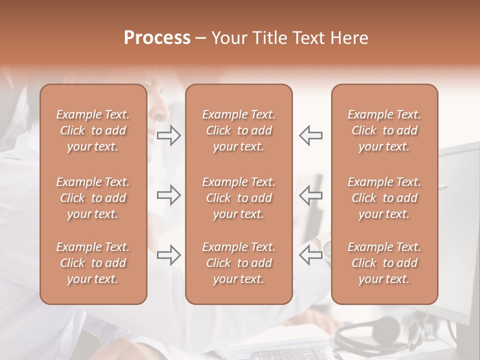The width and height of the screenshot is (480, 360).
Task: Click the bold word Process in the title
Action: [x=157, y=38]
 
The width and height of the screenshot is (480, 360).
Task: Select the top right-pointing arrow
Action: [x=168, y=136]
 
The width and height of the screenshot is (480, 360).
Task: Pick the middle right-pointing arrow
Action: [x=168, y=195]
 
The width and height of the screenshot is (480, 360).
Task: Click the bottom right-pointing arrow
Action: [x=168, y=255]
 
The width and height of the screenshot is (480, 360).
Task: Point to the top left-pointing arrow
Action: [x=311, y=136]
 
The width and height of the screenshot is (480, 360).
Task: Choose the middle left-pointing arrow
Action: [x=311, y=195]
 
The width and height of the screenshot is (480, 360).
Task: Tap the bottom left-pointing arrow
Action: [x=311, y=255]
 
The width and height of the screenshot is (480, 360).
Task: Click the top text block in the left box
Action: [x=93, y=130]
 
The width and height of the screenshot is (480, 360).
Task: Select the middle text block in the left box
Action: [x=93, y=198]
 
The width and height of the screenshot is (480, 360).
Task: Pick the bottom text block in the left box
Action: [x=93, y=263]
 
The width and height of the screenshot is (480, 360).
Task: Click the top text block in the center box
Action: [x=238, y=130]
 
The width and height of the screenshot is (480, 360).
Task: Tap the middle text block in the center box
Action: [x=238, y=198]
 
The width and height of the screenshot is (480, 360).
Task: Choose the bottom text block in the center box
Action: [x=238, y=263]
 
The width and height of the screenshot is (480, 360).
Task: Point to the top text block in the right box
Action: [x=384, y=130]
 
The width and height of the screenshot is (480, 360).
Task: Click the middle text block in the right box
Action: [x=384, y=198]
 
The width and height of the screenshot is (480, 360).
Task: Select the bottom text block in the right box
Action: [x=384, y=263]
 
